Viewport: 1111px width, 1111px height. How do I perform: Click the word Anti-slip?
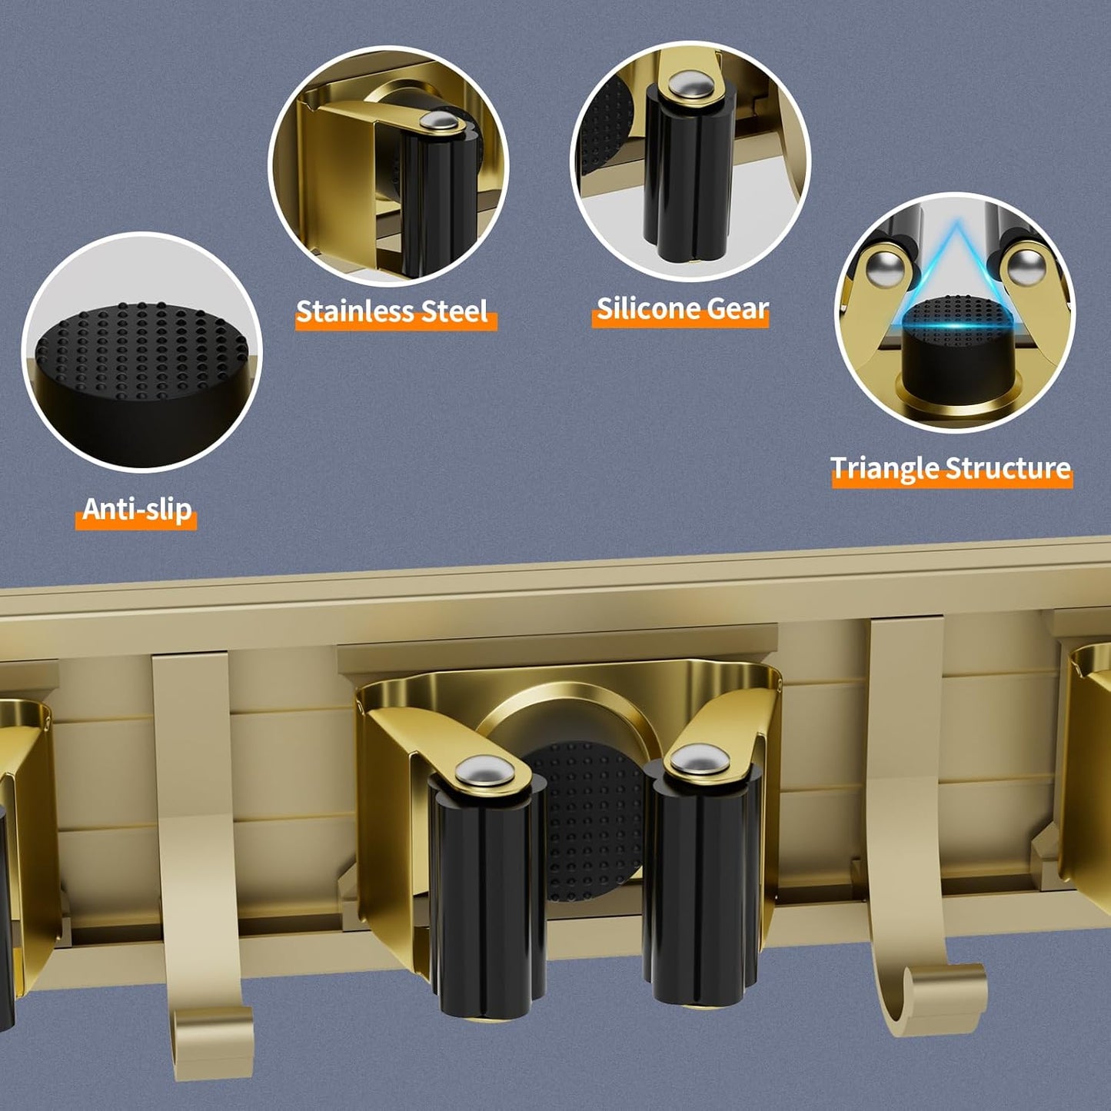point(137,509)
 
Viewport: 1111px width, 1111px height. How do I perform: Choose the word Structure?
point(1008,467)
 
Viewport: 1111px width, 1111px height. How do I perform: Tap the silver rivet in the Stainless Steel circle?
point(437,121)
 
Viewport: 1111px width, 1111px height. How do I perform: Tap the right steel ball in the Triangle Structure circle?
point(1027,266)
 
